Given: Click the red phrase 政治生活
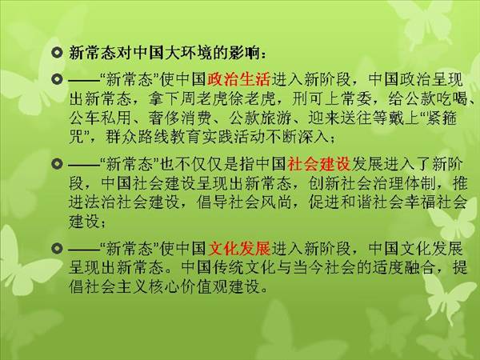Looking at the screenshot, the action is [x=238, y=79].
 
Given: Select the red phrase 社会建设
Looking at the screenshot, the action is [x=319, y=164].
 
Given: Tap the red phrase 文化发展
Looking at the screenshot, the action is [x=238, y=249].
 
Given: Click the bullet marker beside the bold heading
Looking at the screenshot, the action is [x=58, y=53].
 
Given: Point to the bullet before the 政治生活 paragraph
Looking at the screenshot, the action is [x=58, y=79].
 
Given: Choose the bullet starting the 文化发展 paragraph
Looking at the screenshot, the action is [x=58, y=248].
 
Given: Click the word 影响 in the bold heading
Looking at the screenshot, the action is [x=243, y=53].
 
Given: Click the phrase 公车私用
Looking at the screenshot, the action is [x=101, y=118].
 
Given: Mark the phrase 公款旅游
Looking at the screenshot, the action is [x=260, y=118].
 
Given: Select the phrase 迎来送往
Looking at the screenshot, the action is [x=339, y=118].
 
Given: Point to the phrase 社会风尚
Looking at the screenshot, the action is [x=260, y=202].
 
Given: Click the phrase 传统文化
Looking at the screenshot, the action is [x=228, y=268].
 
